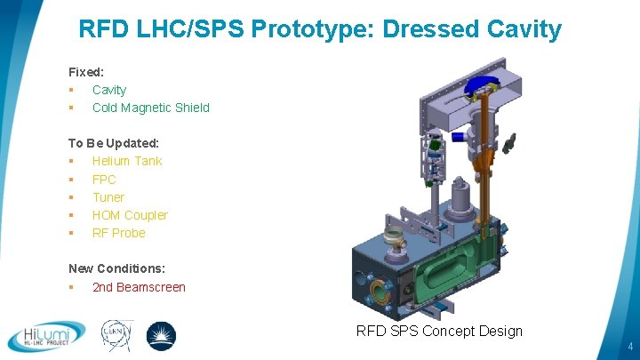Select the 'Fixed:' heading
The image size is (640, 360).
(x=87, y=71)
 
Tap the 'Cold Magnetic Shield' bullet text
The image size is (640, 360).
(x=151, y=108)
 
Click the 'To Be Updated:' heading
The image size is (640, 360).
(x=114, y=143)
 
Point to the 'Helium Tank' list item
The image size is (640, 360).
(x=127, y=161)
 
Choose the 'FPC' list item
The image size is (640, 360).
(x=104, y=180)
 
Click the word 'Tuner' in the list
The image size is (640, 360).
(x=108, y=197)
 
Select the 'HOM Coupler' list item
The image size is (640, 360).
(x=130, y=215)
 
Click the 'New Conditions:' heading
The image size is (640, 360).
(x=116, y=268)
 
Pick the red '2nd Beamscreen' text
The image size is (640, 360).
(x=139, y=287)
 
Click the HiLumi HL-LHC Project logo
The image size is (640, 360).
(x=46, y=336)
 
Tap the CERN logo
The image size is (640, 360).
(x=117, y=336)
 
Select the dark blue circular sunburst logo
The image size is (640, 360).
(x=161, y=336)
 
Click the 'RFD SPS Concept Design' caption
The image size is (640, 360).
(x=439, y=332)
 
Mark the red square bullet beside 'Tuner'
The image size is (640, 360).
(x=71, y=197)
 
